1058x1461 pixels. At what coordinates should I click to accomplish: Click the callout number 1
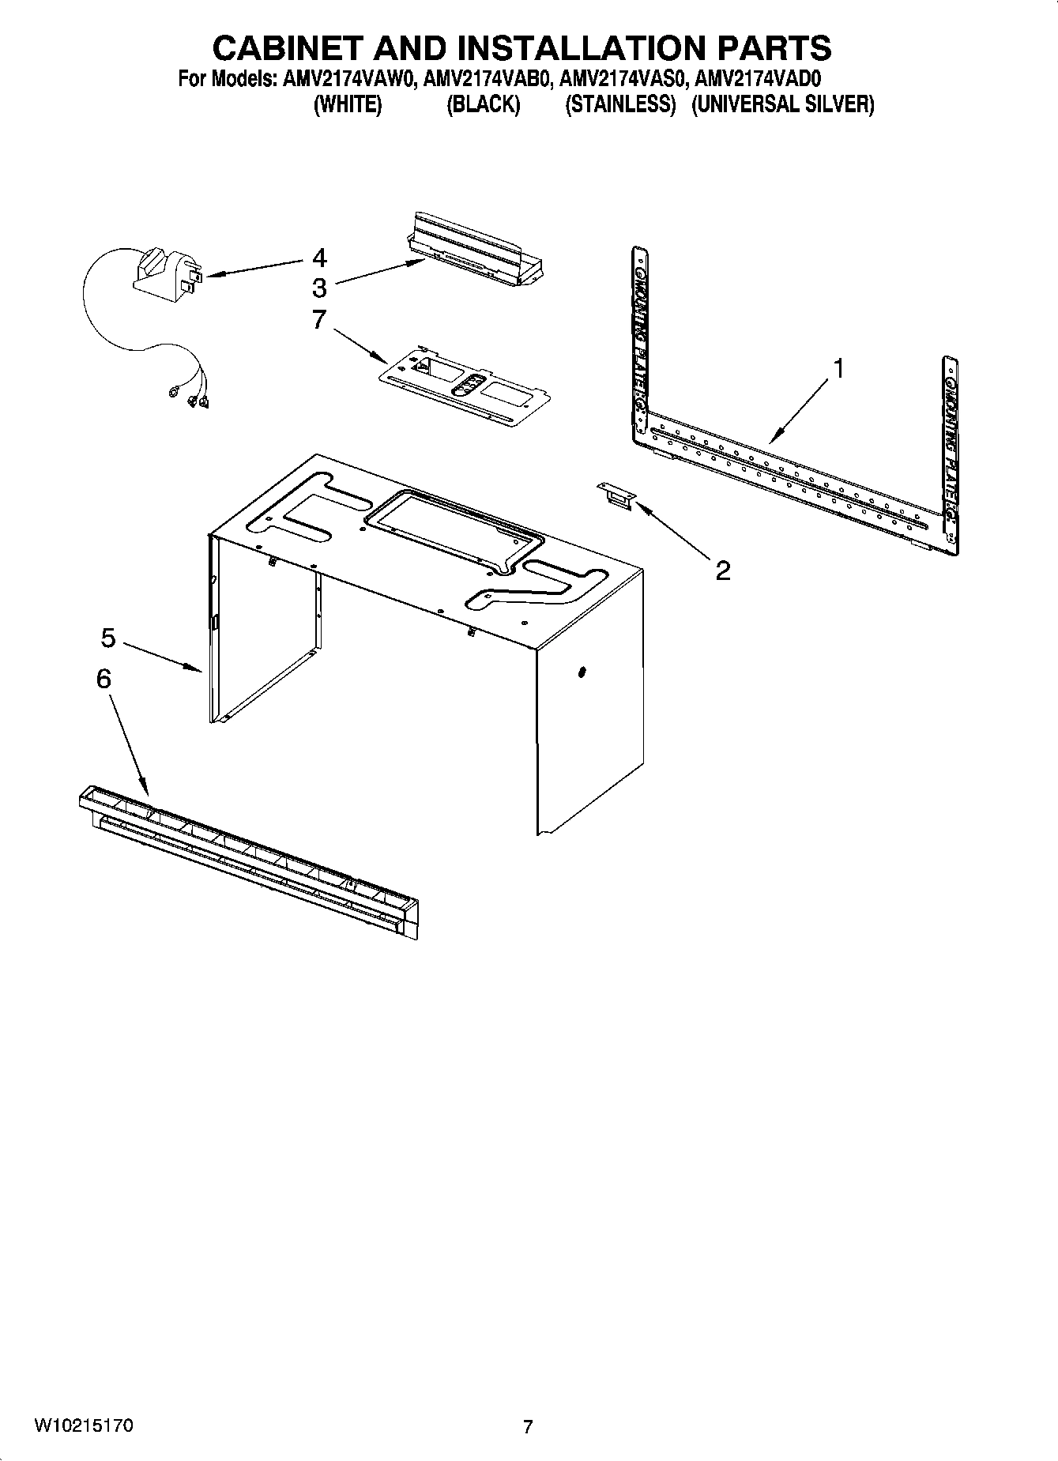coord(839,368)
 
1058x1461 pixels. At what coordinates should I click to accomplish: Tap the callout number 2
coord(723,570)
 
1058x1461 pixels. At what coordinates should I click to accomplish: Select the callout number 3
coord(319,287)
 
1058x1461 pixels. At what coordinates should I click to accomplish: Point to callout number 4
coord(319,258)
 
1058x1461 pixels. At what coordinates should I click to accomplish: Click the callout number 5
coord(108,637)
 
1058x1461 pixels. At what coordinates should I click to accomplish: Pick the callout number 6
coord(104,679)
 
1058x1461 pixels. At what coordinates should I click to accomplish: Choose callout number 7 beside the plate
coord(319,320)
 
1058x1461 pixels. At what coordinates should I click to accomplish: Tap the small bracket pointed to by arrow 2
coord(617,495)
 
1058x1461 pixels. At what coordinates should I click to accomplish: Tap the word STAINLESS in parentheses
coord(620,104)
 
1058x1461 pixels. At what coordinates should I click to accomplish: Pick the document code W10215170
coord(84,1426)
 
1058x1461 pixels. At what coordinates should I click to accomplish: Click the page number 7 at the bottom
coord(528,1427)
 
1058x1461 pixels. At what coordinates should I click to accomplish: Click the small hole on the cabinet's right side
coord(582,672)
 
